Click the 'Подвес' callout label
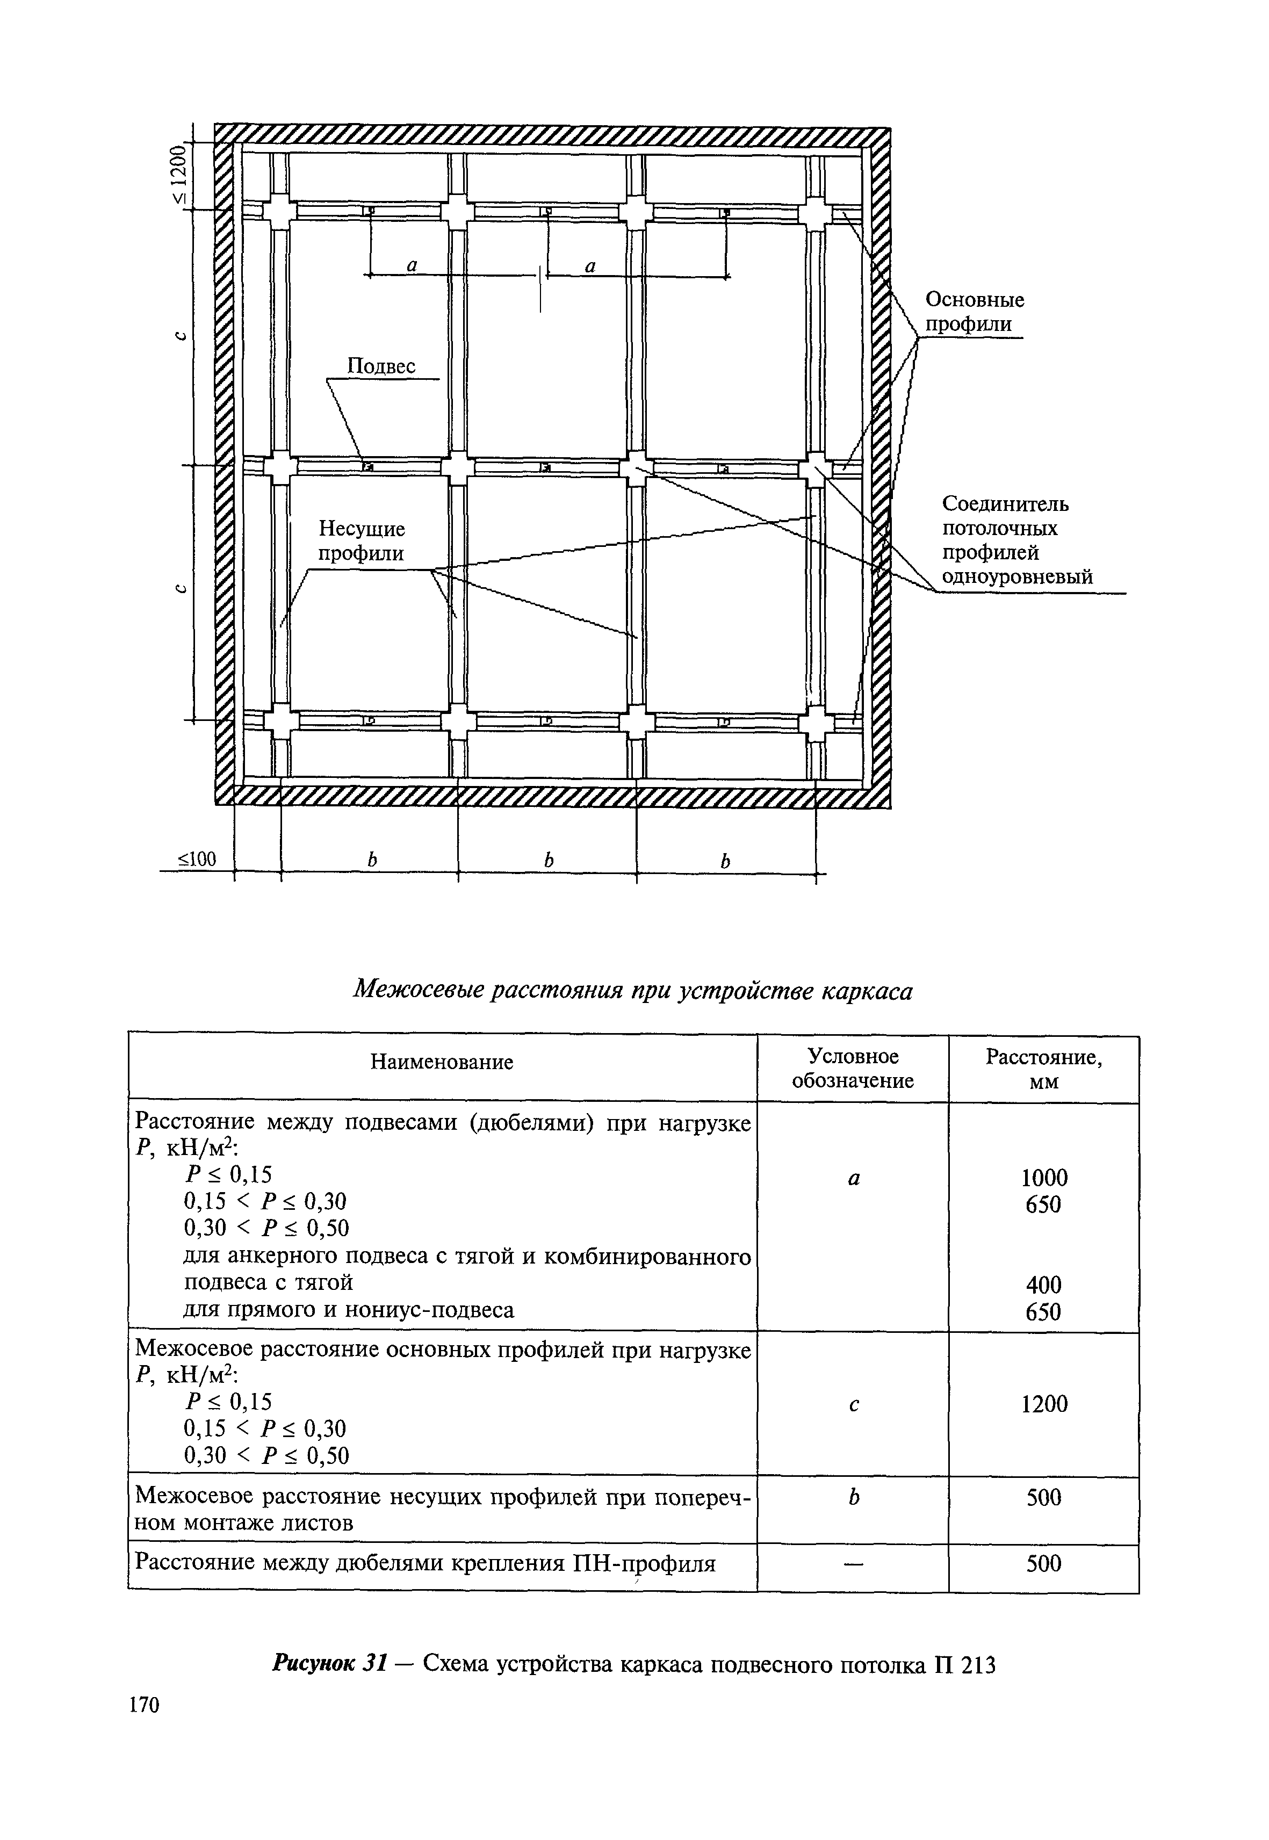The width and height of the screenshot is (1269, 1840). click(381, 366)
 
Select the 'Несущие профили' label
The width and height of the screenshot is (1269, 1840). click(362, 540)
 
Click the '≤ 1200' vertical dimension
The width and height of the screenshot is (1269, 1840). click(183, 175)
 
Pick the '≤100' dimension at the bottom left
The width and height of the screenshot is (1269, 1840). click(196, 859)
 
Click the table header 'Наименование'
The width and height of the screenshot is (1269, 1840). click(442, 1062)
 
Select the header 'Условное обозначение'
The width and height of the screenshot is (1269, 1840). click(853, 1068)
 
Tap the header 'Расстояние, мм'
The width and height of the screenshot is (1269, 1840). click(1043, 1068)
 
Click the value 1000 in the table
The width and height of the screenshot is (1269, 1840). click(1044, 1178)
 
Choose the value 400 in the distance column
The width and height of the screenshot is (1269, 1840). click(1043, 1284)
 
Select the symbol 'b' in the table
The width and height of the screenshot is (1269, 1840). click(853, 1497)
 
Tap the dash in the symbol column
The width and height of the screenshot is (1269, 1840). click(853, 1564)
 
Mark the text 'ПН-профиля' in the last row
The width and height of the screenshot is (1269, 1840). click(644, 1563)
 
